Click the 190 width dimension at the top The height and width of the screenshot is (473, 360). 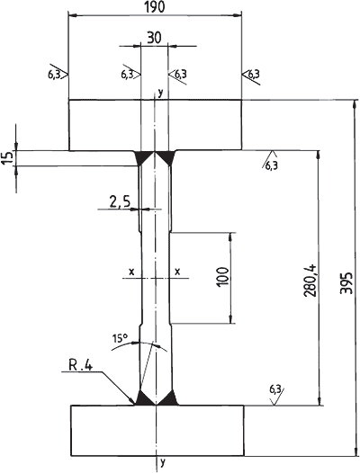tap(155, 7)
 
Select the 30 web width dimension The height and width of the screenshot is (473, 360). tap(154, 38)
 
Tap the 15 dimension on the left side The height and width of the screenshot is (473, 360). tap(8, 157)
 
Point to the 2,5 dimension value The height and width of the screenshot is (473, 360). tap(120, 201)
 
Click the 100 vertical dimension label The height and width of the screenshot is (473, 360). tap(223, 276)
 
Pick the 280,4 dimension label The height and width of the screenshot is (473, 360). tap(310, 281)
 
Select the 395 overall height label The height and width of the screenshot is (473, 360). tap(346, 283)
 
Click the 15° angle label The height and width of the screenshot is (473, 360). tap(121, 338)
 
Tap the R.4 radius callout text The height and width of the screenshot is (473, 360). tap(81, 366)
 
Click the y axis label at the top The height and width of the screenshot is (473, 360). tap(160, 93)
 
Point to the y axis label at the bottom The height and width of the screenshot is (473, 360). tap(163, 461)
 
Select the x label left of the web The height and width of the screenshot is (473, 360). tap(131, 272)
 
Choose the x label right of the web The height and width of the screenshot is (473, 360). tap(177, 272)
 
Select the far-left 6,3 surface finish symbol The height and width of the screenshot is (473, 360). tap(58, 73)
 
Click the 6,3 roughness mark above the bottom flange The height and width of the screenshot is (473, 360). tap(276, 395)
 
